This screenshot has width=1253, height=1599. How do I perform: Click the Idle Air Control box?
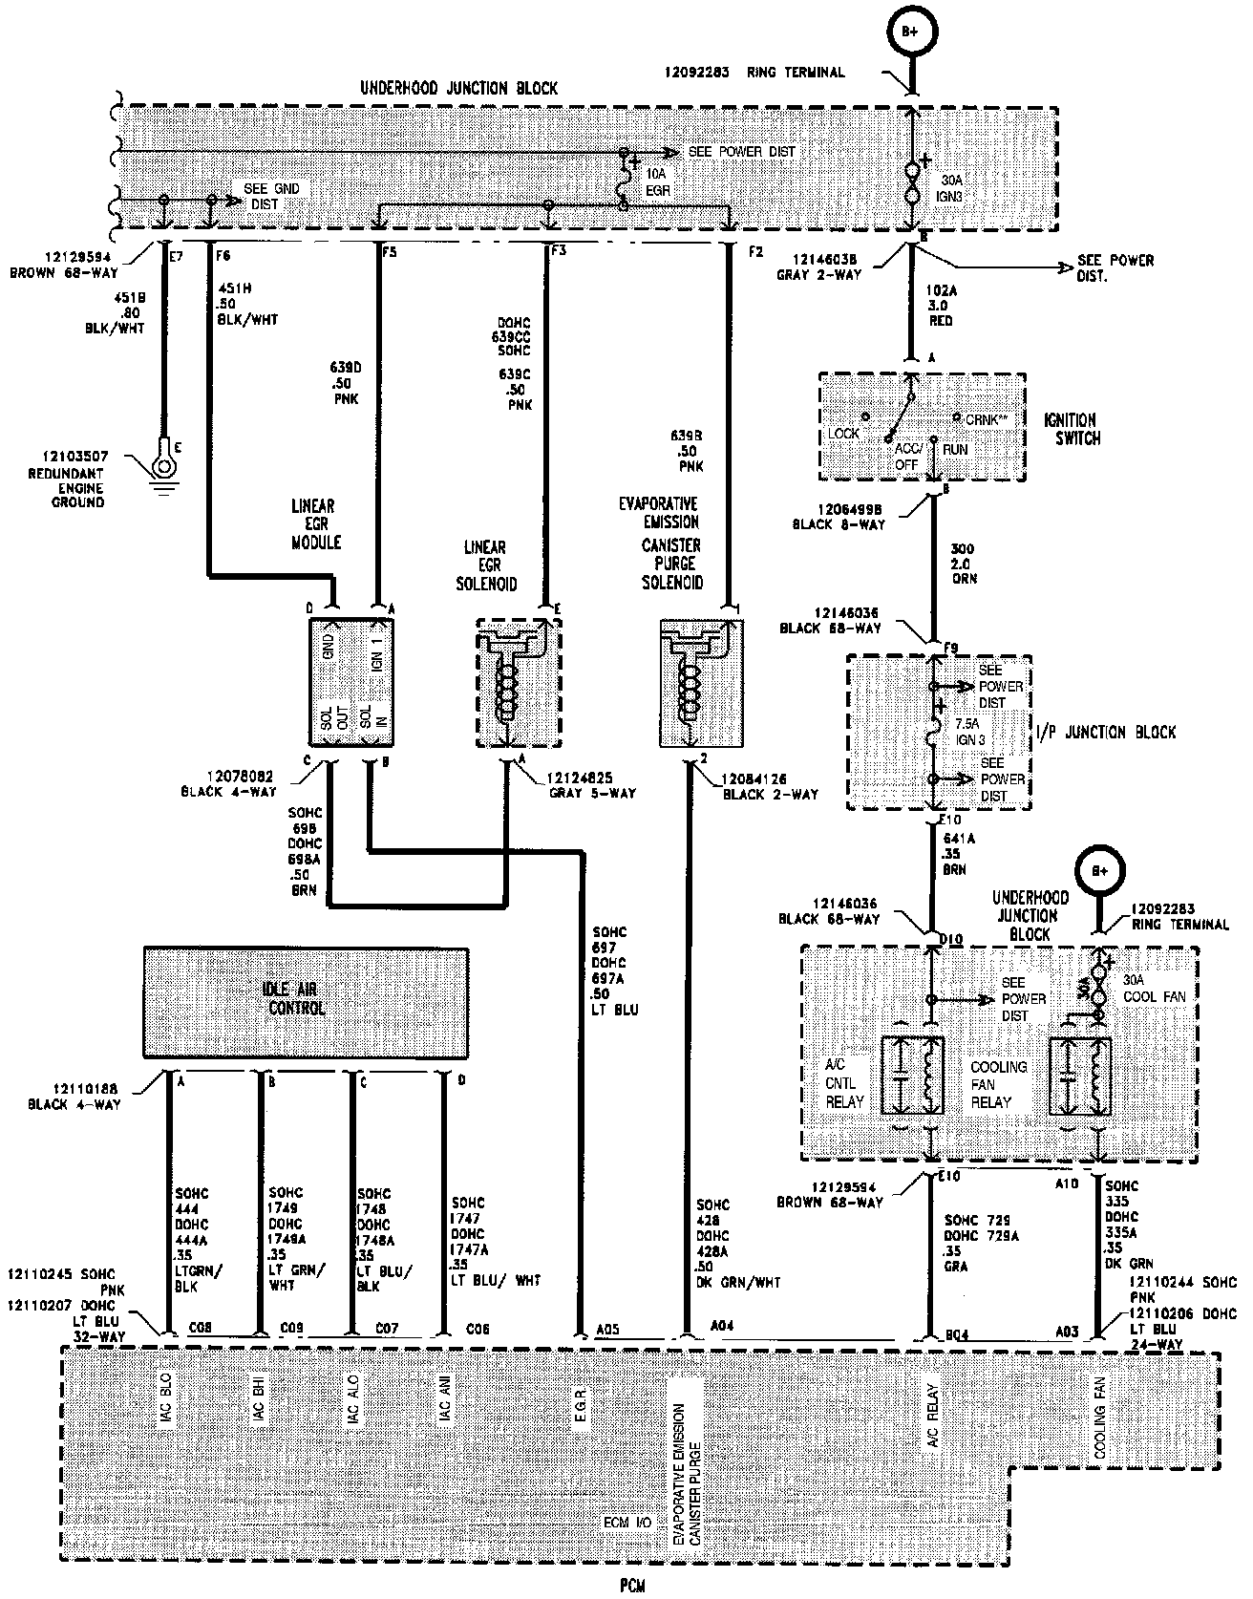click(x=305, y=1002)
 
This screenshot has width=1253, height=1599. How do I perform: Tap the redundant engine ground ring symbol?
click(x=163, y=466)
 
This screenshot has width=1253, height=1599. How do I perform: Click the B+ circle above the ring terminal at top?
click(x=912, y=32)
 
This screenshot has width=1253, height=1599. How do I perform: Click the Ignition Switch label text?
click(x=1072, y=429)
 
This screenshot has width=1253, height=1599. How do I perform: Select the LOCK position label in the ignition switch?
click(x=843, y=433)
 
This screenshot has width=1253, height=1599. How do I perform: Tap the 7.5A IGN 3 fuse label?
click(x=970, y=732)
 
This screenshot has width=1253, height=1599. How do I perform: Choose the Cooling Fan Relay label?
click(x=998, y=1084)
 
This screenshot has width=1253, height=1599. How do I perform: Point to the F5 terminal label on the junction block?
click(x=389, y=254)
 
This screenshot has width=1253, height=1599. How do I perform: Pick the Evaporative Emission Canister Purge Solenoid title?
click(x=670, y=543)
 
